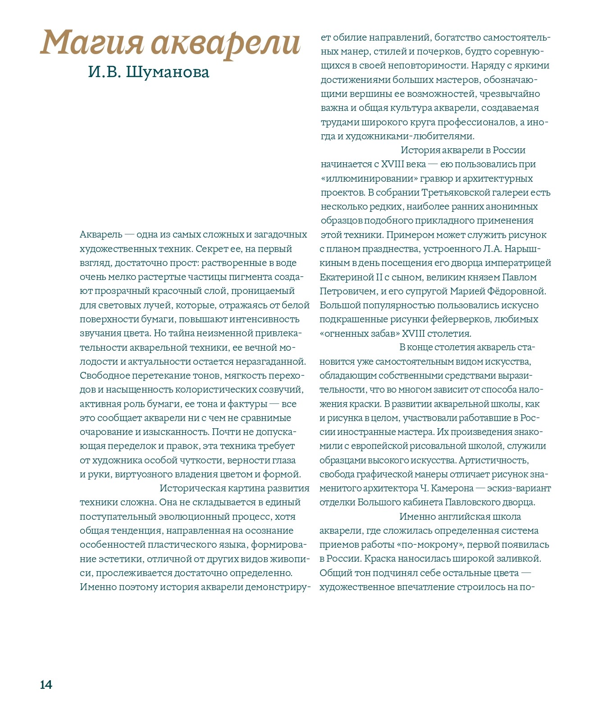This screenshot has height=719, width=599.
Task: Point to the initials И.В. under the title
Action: point(105,72)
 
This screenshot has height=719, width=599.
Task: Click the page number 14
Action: point(46,685)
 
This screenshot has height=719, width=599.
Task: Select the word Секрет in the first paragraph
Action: point(211,249)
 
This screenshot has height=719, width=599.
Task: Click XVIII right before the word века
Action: point(393,164)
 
